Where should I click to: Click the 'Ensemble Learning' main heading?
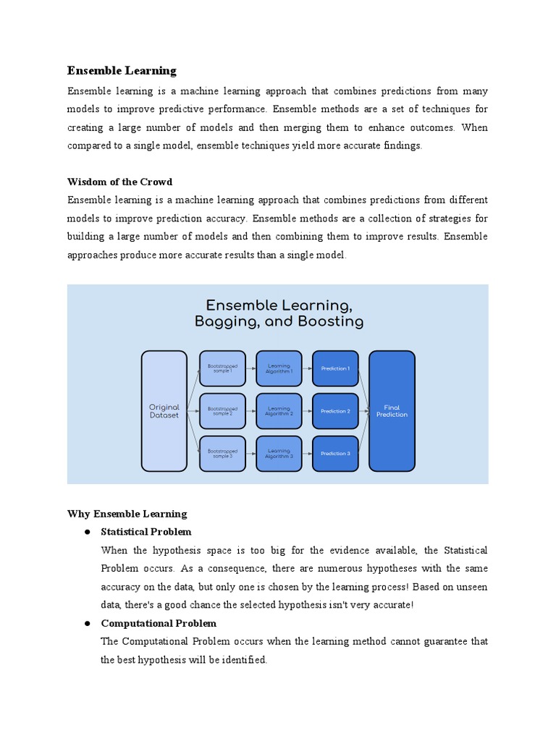point(122,70)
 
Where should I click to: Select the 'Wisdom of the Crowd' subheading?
point(119,182)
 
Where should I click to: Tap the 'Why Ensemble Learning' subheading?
point(127,514)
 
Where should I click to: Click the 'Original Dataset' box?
point(164,411)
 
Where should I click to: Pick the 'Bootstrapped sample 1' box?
point(222,368)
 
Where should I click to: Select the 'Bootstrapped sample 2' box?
point(222,411)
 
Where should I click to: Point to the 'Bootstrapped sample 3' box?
point(222,454)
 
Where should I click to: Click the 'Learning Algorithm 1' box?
point(279,368)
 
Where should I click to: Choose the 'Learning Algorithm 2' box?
point(279,411)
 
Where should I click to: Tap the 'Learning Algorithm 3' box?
point(279,454)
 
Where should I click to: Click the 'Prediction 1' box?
point(335,368)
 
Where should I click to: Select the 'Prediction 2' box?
point(335,411)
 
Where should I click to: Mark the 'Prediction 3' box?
point(335,454)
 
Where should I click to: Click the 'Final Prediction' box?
point(392,411)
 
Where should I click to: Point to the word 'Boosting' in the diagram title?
point(329,321)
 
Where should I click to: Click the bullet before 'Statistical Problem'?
point(86,533)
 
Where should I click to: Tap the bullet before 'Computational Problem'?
point(86,624)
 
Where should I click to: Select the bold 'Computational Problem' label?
point(159,623)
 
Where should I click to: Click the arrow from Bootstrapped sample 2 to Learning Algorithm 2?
point(250,411)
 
